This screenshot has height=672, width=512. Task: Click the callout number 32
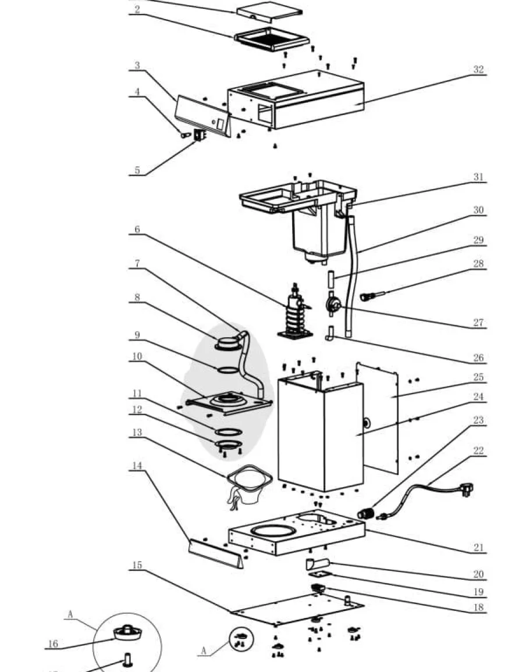[479, 69]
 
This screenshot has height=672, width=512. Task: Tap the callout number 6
[137, 229]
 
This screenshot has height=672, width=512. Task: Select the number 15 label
[137, 565]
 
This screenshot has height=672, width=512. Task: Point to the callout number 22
[479, 451]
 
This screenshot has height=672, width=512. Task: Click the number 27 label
[479, 322]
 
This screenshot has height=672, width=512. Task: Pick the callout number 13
[137, 432]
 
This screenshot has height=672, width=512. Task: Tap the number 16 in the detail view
[53, 644]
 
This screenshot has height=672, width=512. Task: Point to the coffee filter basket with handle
[248, 487]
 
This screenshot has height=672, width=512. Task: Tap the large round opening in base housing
[273, 531]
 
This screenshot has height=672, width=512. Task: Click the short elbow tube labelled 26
[329, 334]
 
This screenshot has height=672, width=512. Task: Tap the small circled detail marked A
[241, 638]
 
